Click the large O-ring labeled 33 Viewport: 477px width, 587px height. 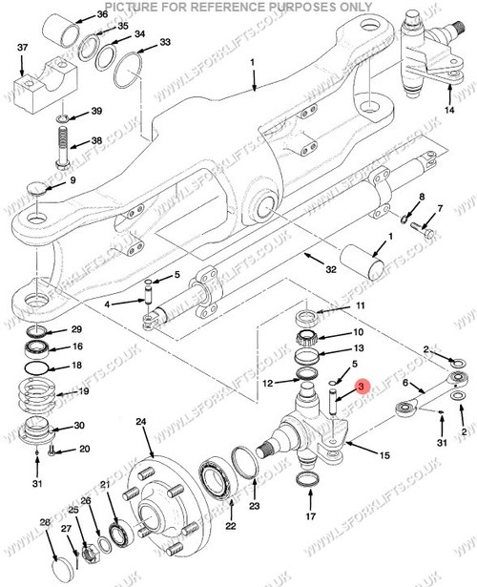tap(127, 69)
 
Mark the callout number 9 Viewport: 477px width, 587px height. tap(73, 180)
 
